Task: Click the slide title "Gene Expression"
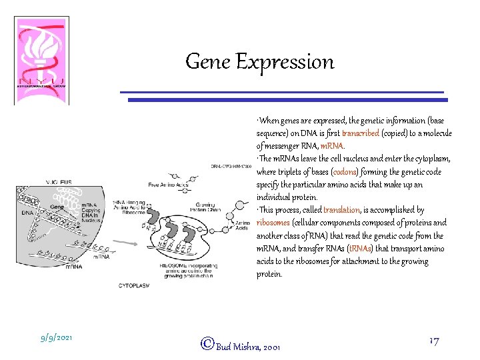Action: (x=259, y=62)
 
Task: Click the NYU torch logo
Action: (x=41, y=59)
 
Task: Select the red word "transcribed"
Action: (x=360, y=133)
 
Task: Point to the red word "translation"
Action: (x=341, y=210)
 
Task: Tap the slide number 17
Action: (x=433, y=341)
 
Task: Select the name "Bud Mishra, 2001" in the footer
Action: (x=247, y=347)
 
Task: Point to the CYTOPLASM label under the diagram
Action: (x=134, y=285)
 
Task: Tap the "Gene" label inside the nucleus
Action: (x=58, y=207)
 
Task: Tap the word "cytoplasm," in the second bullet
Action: (x=432, y=159)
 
